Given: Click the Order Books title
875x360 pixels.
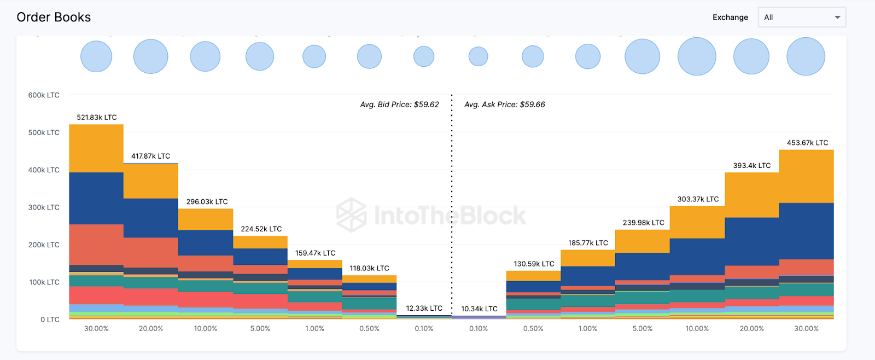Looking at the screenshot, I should (x=54, y=18).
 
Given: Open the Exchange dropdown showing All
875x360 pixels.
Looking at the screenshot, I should (x=801, y=18).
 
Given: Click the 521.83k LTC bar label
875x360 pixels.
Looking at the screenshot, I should (x=97, y=118).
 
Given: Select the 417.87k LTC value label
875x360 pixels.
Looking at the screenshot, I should (x=150, y=156).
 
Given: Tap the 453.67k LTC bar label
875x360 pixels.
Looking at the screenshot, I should (x=807, y=143).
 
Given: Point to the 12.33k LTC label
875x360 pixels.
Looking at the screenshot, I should (x=424, y=309).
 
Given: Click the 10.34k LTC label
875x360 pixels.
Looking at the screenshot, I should (x=479, y=309).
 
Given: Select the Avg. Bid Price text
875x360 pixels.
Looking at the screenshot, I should (x=399, y=104).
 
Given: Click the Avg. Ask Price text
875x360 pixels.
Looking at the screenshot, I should (x=504, y=104).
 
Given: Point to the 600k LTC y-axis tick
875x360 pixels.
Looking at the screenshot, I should (x=44, y=95).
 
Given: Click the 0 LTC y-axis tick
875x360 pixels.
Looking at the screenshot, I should (x=50, y=320).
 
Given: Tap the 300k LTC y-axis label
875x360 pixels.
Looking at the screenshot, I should (x=44, y=207).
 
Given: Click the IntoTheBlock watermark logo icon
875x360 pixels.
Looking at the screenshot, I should (x=351, y=215).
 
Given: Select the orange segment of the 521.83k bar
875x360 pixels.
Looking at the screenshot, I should (x=96, y=148).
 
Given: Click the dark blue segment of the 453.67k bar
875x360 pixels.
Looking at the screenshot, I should (x=806, y=231).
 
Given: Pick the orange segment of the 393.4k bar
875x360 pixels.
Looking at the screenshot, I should (x=751, y=195).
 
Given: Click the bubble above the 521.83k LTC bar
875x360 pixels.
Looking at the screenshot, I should (x=96, y=56).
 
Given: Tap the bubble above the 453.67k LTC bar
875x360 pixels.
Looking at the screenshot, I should (x=806, y=56).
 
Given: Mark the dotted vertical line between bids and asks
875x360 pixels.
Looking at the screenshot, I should (x=452, y=208).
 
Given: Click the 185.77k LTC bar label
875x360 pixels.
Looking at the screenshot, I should (x=588, y=243).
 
